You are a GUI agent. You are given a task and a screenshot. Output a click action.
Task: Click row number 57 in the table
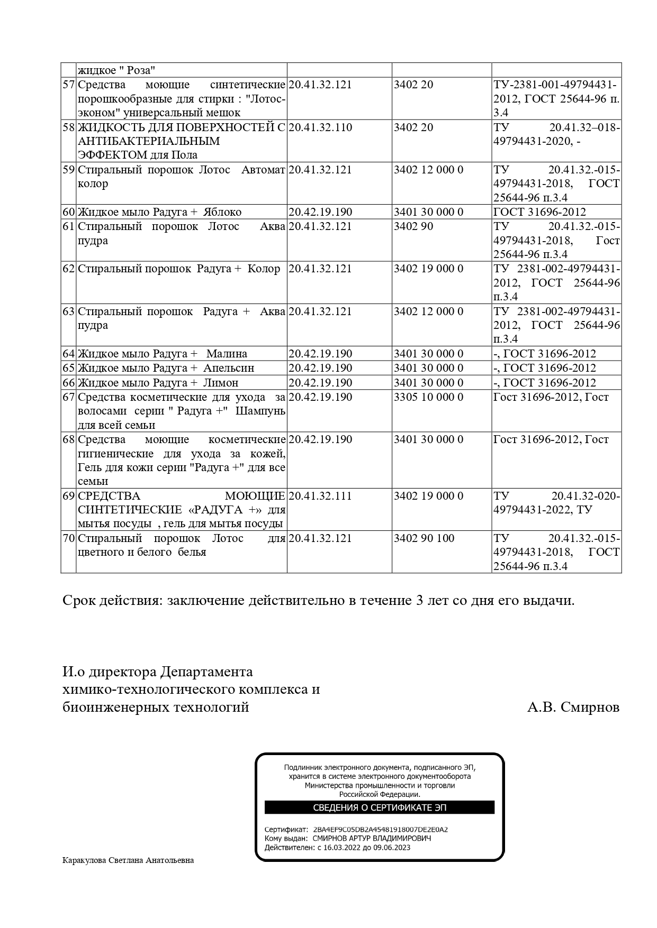pos(68,85)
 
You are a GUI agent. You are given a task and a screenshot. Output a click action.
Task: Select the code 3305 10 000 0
pos(428,397)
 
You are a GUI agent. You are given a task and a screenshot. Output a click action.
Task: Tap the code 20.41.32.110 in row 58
pos(320,127)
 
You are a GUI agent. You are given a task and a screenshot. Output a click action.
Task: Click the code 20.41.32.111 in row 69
pos(320,496)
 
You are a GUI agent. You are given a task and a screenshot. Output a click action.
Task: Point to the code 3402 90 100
pos(424,538)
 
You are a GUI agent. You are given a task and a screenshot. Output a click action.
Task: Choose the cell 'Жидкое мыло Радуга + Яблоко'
pos(159,212)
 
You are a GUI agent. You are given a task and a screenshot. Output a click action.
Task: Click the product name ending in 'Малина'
pos(162,354)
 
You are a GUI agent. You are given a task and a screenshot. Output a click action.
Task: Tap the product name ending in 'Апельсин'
pos(166,368)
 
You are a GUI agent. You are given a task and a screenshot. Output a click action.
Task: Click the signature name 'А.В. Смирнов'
pos(573,708)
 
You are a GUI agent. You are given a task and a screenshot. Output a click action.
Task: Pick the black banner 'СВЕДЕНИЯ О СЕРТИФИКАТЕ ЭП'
pos(379,807)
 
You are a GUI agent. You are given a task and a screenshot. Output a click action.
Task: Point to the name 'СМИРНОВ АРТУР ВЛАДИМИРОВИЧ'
pos(372,839)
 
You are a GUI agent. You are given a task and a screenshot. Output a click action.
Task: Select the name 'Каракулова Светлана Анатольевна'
pos(128,860)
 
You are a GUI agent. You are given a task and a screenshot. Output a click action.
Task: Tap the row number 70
pos(68,538)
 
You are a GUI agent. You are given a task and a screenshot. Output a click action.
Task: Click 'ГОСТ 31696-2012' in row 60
pos(539,212)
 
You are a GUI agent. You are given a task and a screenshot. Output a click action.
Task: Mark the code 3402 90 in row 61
pos(413,226)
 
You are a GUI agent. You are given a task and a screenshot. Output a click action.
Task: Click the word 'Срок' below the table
pos(79,601)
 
